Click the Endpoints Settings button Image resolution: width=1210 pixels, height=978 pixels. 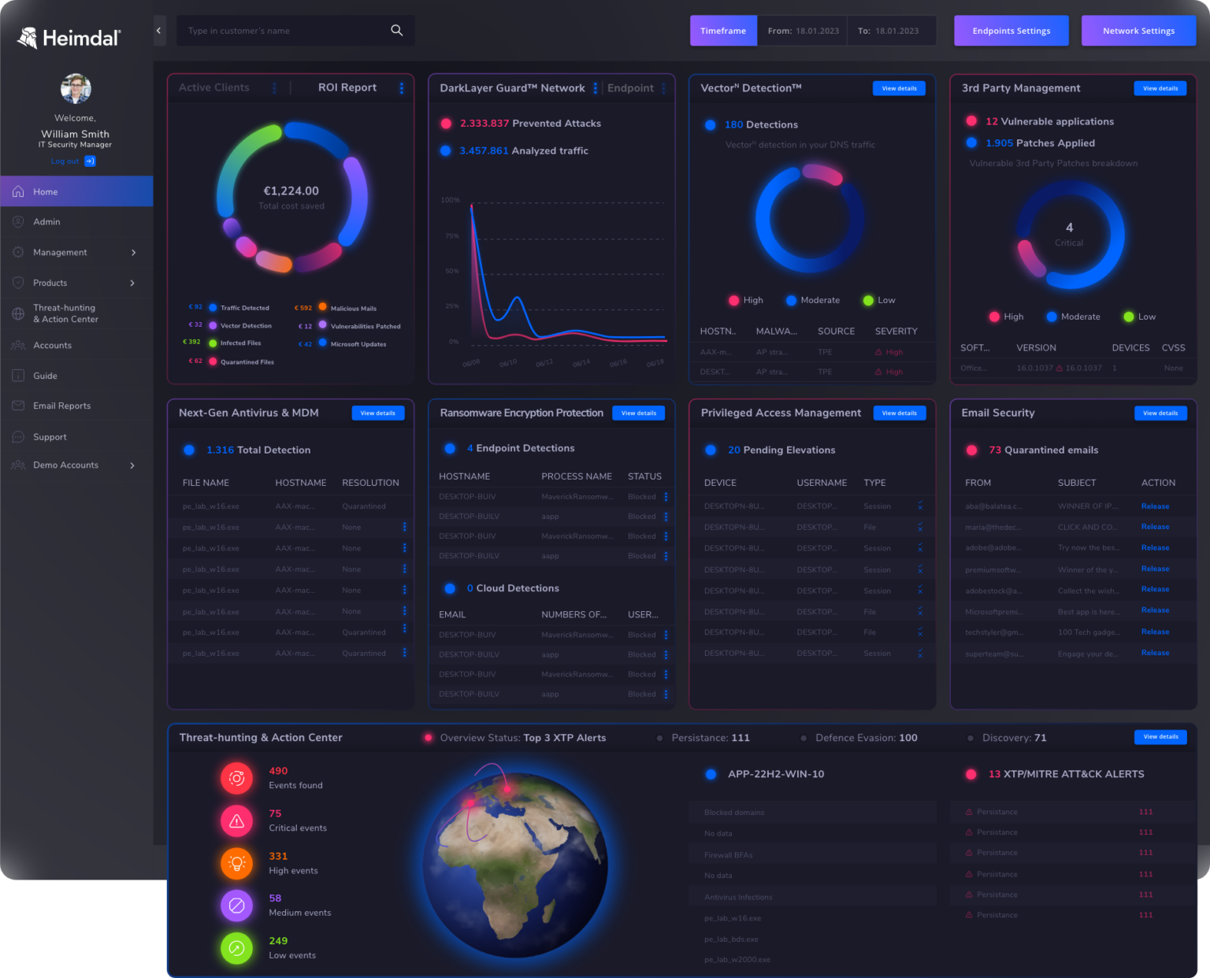coord(1011,31)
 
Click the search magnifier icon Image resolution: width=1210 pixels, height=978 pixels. coord(397,31)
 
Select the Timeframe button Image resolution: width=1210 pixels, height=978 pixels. coord(723,31)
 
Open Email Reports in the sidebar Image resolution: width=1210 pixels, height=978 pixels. coord(61,406)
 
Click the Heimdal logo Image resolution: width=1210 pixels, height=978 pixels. coord(69,38)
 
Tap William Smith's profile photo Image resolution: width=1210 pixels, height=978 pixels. coord(76,88)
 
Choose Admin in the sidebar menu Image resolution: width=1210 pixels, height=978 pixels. coord(46,222)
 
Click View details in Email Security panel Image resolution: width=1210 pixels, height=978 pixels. coord(1160,413)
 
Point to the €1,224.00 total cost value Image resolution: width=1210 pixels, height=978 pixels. coord(291,191)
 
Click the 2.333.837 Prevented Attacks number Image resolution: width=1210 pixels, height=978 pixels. coord(484,124)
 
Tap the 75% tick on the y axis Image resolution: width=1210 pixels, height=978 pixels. coord(452,235)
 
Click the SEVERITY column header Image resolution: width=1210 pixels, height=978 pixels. coord(896,332)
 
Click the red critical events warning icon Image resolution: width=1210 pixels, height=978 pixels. coord(236,821)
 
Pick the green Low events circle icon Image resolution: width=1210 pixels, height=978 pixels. coord(236,948)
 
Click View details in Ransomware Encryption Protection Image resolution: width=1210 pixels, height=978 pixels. coord(638,413)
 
